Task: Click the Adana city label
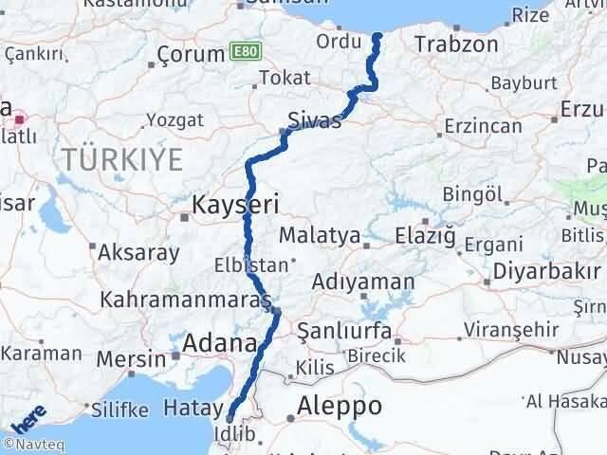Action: pos(220,343)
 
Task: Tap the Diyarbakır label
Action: pos(543,270)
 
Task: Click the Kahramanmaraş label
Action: pos(186,300)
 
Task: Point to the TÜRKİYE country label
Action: pos(124,159)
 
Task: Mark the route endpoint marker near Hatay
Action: pos(230,416)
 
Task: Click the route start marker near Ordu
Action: pos(377,37)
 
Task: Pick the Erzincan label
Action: pos(483,126)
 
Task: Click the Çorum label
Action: pos(191,53)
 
